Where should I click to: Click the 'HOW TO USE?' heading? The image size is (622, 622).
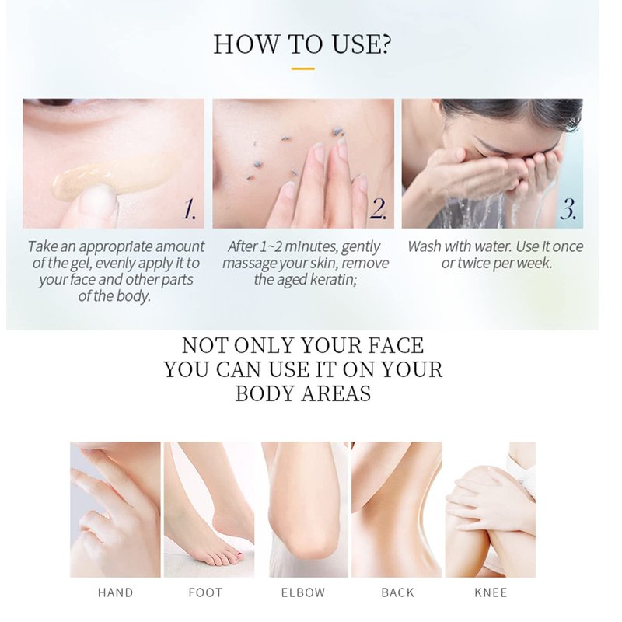point(302,44)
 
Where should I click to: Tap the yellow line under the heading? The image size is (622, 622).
point(302,68)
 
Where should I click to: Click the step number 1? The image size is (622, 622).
point(189,208)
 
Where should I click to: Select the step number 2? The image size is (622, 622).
point(378,208)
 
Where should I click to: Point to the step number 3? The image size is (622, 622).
point(568,208)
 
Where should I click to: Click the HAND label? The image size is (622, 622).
point(115,592)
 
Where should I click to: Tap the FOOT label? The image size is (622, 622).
point(205,592)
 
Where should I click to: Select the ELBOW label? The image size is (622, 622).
point(303,592)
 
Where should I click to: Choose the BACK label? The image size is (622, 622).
point(397,592)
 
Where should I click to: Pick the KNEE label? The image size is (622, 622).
point(491,592)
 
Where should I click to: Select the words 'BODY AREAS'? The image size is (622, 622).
point(303,394)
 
